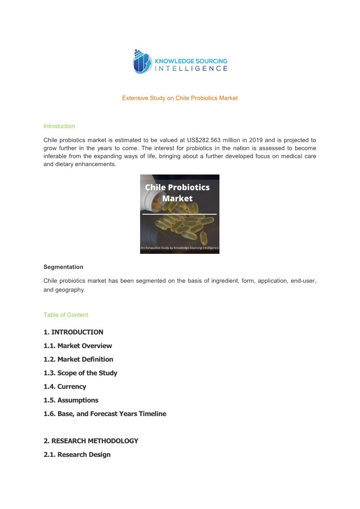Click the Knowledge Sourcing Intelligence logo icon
pos(142,62)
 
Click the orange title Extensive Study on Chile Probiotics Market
pos(180,98)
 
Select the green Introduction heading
pos(59,126)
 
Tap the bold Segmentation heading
pos(63,267)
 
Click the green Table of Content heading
pos(66,315)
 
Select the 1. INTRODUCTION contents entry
pos(73,332)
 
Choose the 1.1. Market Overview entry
pos(78,345)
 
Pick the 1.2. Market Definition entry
pos(78,359)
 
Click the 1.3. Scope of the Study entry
pos(80,373)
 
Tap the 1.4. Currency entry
pos(65,386)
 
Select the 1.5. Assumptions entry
pos(71,400)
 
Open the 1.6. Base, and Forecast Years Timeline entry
pos(105,413)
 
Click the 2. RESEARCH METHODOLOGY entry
pos(91,441)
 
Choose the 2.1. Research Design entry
pos(77,454)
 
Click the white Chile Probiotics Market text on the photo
pos(177,193)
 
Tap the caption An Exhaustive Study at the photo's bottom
pos(180,248)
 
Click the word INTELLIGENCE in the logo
pos(191,68)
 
